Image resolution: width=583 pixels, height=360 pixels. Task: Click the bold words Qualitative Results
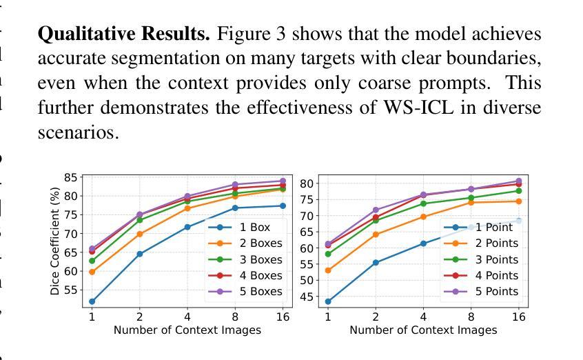tap(124, 34)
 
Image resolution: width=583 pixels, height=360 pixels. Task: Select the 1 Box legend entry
tap(254, 227)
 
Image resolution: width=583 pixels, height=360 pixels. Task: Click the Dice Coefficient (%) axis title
tap(55, 240)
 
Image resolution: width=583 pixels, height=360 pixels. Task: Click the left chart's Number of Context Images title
tap(187, 330)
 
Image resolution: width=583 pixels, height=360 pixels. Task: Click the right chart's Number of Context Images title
tap(423, 330)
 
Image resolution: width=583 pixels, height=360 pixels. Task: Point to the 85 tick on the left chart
tap(70, 177)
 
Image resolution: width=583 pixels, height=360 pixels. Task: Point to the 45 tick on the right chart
tap(307, 297)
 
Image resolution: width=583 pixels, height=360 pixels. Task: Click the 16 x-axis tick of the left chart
tap(283, 317)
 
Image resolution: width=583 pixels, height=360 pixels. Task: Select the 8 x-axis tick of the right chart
tap(471, 317)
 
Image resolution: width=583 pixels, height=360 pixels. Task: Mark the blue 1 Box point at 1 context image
tap(92, 301)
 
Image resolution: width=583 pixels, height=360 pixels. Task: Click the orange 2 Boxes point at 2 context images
tap(140, 234)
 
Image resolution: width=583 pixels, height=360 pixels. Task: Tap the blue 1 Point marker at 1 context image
tap(328, 301)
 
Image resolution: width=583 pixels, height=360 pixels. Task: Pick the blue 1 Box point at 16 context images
tap(283, 206)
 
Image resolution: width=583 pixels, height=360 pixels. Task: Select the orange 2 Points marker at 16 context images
tap(518, 201)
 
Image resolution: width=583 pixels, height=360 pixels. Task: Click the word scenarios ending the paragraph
tap(78, 132)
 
